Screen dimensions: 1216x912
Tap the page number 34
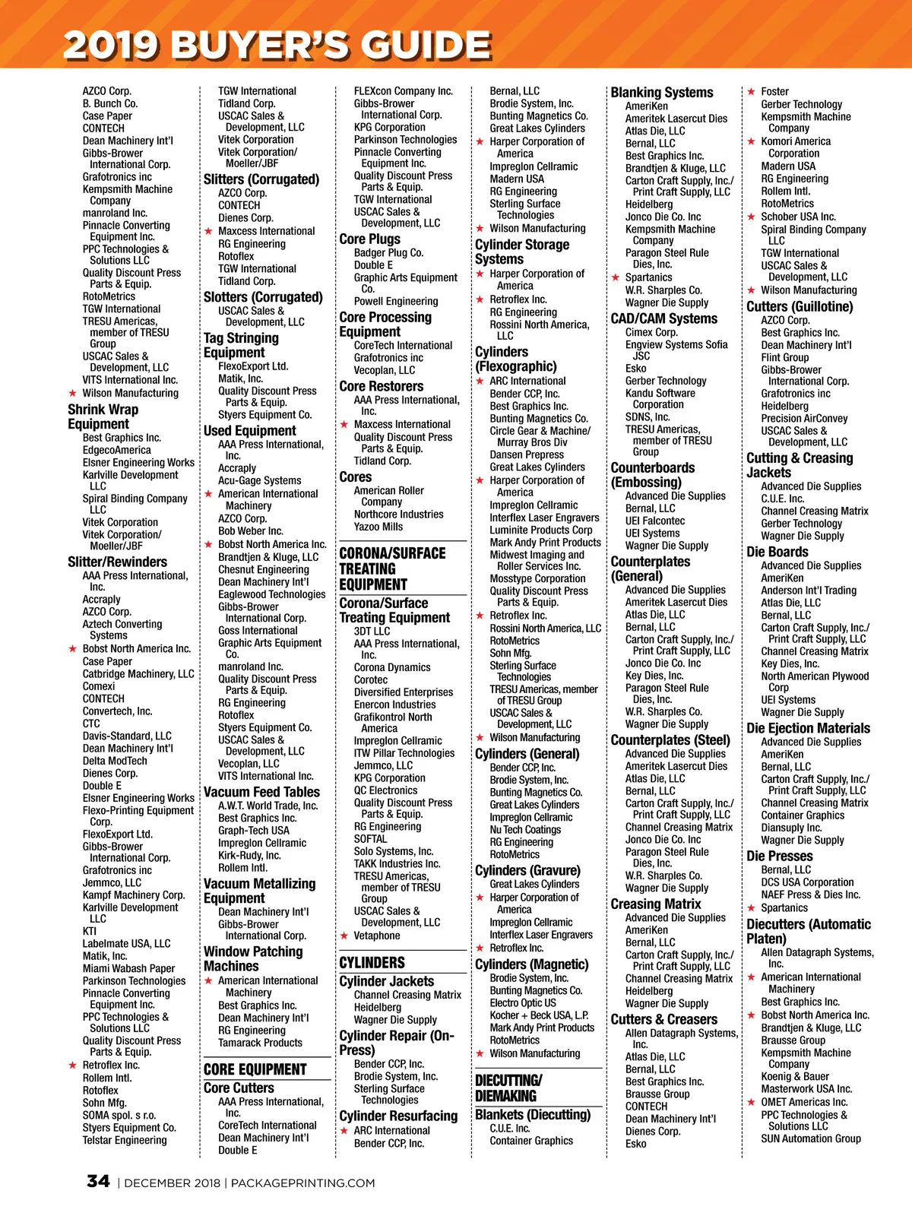(98, 1181)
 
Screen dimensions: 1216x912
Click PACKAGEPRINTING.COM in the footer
(302, 1183)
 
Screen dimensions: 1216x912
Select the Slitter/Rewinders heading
(117, 562)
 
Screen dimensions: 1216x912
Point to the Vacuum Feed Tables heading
(261, 791)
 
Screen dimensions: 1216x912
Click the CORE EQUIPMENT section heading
(255, 1069)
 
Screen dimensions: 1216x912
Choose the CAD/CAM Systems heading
(663, 318)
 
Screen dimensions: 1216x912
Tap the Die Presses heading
(779, 856)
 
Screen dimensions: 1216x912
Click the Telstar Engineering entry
(124, 1140)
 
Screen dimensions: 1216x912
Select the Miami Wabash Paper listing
(128, 968)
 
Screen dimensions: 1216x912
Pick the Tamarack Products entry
(260, 1043)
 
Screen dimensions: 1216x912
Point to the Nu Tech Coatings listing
(525, 830)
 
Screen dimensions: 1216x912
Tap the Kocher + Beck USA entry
(539, 1015)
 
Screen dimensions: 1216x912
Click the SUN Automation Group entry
(811, 1138)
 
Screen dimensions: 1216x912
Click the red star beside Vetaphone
(344, 936)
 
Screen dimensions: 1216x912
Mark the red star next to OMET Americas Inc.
(751, 1102)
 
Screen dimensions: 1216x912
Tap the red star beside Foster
(751, 91)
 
